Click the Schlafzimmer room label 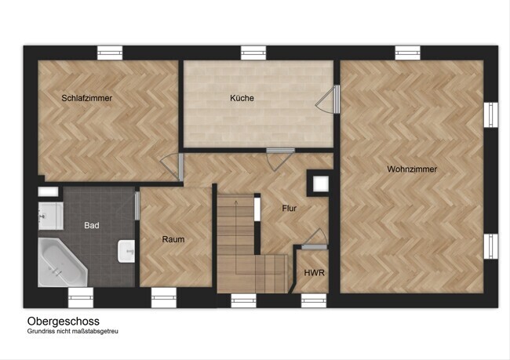87,98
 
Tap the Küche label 242,98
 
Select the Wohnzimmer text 412,169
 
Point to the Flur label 290,208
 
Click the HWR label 314,272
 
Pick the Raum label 173,239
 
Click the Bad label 91,225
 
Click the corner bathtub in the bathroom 62,263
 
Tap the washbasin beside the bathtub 126,251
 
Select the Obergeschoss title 64,321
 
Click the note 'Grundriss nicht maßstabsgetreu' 72,332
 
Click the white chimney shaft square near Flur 321,184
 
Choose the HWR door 315,239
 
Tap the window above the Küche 253,53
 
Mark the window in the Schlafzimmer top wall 110,53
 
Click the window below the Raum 164,297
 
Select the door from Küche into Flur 280,159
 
